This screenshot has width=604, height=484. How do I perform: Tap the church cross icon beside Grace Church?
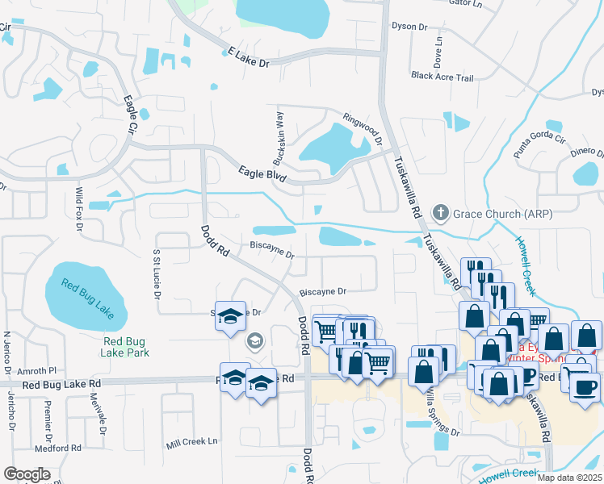440,214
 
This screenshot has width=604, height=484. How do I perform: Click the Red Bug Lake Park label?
126,347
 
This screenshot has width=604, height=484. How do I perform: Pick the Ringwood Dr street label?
363,126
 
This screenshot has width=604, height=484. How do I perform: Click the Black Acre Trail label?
442,77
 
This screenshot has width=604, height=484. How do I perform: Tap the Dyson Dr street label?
409,27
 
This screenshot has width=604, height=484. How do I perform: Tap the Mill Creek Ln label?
192,442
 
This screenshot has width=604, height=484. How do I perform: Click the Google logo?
27,474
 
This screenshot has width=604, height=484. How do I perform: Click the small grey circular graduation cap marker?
254,342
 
